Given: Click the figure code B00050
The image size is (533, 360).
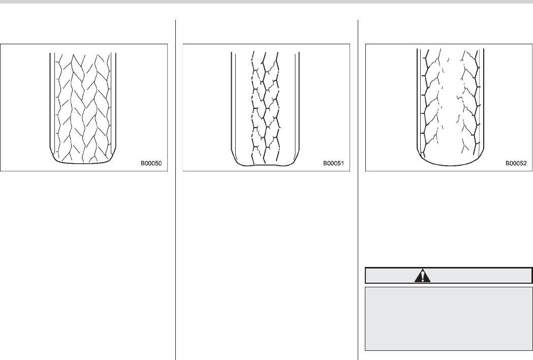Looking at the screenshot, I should tap(154, 164).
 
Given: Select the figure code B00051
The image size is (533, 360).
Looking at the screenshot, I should tap(334, 164).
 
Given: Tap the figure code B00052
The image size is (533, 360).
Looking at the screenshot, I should tap(516, 164).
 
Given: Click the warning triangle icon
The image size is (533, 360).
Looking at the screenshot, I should tap(422, 276).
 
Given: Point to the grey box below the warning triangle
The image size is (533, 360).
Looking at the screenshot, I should tap(449, 318).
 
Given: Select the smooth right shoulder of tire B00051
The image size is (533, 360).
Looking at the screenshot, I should tap(290, 102).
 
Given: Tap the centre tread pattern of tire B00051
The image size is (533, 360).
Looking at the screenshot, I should tap(266, 102).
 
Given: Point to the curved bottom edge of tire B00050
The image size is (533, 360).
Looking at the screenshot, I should tap(83, 164).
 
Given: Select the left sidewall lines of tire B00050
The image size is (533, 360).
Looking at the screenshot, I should tap(51, 102).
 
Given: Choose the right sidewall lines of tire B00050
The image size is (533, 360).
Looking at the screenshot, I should tap(115, 102).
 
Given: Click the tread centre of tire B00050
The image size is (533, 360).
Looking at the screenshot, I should tap(83, 102).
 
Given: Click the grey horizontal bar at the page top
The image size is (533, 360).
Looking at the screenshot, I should tap(266, 2).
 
